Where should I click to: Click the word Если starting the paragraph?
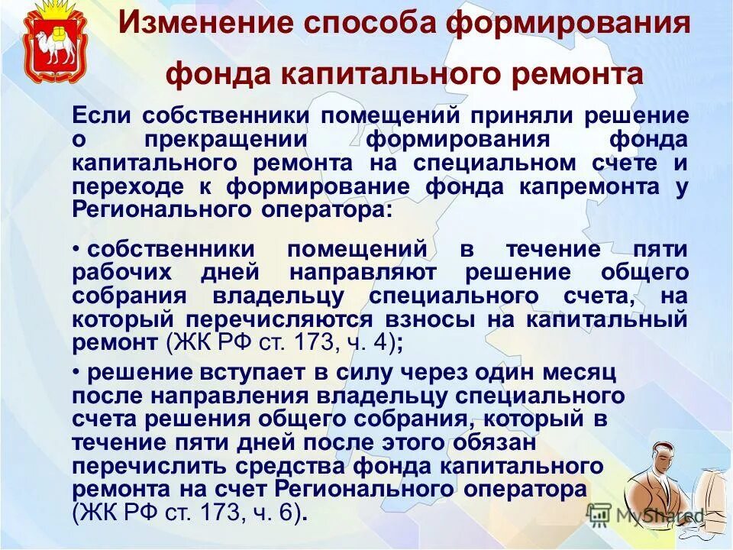(x=102, y=116)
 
